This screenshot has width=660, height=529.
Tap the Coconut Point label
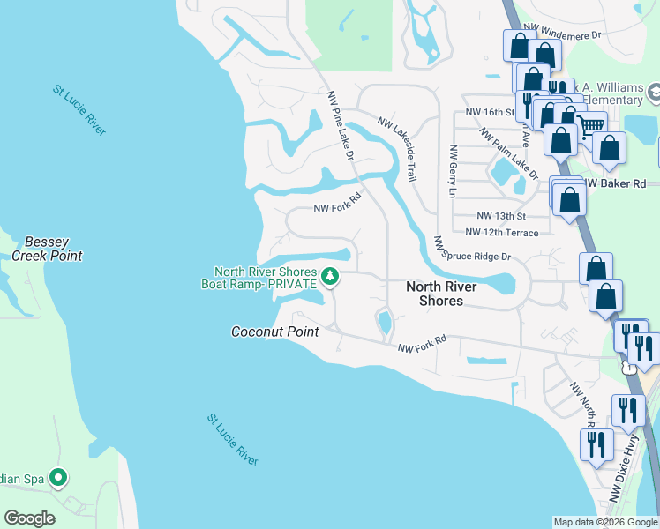click(274, 332)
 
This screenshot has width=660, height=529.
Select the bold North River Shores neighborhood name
click(441, 294)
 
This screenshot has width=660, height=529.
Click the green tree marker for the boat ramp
click(330, 278)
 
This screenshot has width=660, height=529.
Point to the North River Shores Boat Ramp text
click(266, 278)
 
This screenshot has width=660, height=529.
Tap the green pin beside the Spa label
click(58, 479)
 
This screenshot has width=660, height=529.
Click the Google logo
click(29, 518)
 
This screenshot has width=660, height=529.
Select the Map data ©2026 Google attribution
click(604, 522)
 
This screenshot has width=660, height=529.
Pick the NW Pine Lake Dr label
click(341, 125)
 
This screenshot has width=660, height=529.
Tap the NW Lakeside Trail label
click(397, 148)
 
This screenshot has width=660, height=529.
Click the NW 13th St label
click(500, 216)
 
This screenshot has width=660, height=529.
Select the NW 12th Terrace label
click(500, 233)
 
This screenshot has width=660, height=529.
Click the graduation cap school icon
click(655, 92)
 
